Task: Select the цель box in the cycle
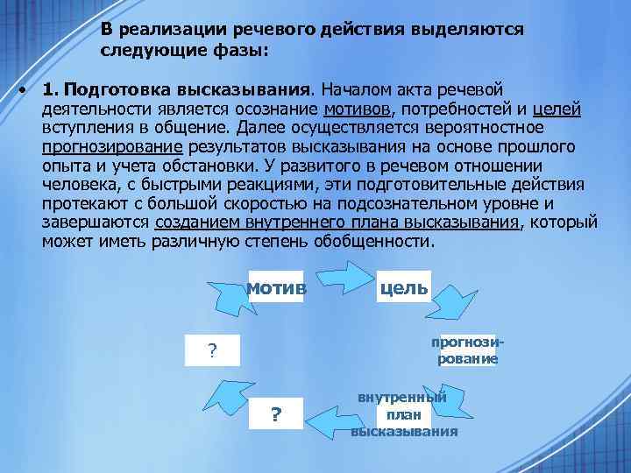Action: click(403, 288)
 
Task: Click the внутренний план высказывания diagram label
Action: click(404, 414)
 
